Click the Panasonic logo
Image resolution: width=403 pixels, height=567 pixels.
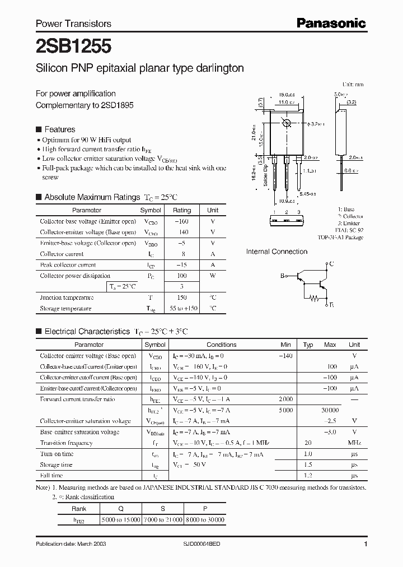click(331, 23)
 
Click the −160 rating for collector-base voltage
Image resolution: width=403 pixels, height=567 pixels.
click(181, 221)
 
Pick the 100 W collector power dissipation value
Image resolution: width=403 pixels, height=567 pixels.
click(181, 276)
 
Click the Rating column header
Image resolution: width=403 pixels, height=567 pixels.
click(181, 210)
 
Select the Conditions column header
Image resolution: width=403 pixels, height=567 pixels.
click(221, 345)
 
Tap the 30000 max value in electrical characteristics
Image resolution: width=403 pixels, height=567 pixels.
click(329, 410)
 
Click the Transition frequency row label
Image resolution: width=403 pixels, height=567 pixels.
click(66, 443)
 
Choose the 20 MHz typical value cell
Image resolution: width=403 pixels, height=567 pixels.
click(307, 443)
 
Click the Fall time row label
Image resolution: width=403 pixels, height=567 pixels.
click(52, 475)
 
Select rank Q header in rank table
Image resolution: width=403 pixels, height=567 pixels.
click(121, 509)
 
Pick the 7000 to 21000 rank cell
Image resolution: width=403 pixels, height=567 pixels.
click(163, 520)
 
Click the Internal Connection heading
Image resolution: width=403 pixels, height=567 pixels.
click(277, 252)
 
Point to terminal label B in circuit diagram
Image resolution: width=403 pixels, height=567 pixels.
click(283, 275)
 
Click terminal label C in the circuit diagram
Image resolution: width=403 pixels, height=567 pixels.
click(331, 263)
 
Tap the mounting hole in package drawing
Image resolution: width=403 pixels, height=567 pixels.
click(287, 123)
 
